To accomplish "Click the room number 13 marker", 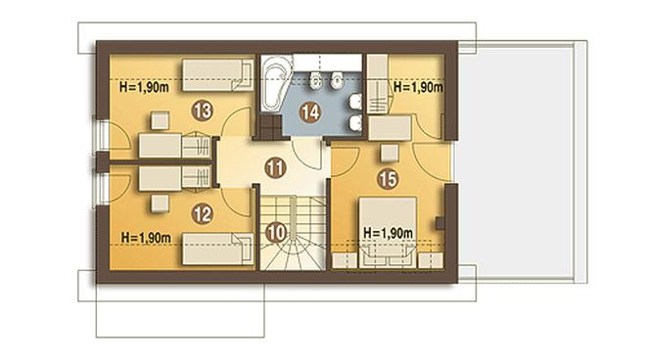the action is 203,111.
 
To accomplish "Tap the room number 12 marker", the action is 203,214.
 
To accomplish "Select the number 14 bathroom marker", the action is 310,112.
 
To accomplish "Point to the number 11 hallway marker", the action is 275,167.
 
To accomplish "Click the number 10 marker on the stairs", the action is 276,233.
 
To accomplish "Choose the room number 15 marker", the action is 388,179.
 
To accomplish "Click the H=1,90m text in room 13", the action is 144,87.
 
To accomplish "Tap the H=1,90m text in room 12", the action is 146,238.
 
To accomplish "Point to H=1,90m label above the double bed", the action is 388,233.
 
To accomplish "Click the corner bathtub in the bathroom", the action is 274,83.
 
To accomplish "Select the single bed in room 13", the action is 217,75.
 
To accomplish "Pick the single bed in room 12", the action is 217,249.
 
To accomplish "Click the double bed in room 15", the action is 388,233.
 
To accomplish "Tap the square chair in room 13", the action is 160,120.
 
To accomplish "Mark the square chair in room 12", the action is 160,203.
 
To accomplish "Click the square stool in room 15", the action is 390,153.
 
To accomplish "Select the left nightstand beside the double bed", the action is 345,261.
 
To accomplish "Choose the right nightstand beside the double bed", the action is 431,261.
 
